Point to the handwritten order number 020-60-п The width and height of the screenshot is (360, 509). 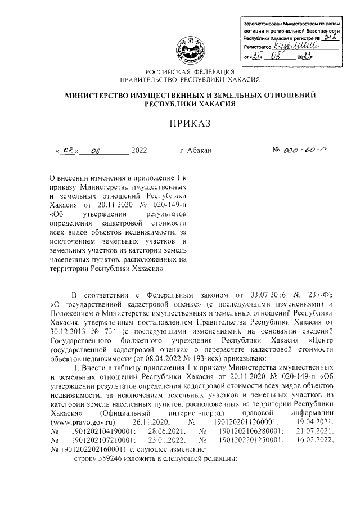tap(301, 150)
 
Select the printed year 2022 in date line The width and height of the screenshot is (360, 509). tap(138, 151)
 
